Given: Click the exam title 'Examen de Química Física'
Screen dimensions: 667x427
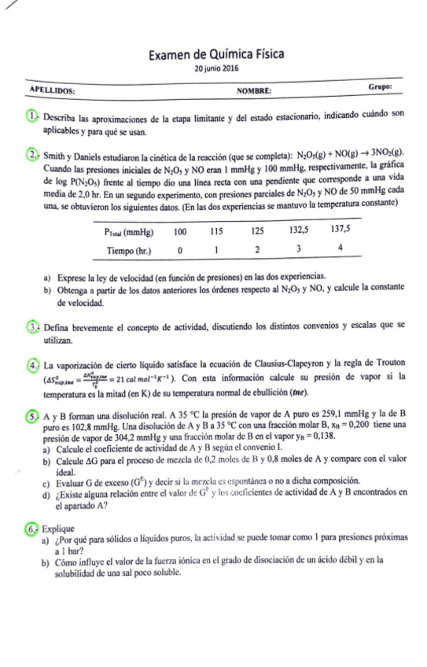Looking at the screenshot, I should click(215, 54).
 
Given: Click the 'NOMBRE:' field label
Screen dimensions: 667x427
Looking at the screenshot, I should click(253, 91).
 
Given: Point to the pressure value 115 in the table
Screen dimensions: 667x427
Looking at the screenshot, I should click(218, 234).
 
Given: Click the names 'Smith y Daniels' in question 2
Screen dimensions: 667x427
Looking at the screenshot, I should click(73, 153).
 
